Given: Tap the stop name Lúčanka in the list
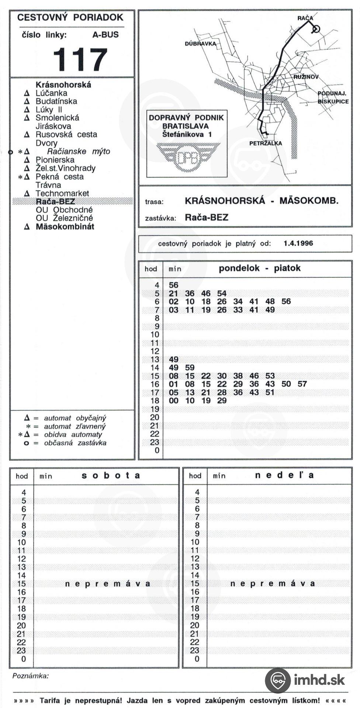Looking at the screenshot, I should [x=51, y=93].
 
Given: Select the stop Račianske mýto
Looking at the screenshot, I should [x=78, y=152].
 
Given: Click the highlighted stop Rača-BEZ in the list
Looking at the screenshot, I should [x=55, y=201].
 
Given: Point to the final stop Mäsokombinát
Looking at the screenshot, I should [x=65, y=227].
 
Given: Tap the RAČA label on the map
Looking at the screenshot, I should [x=305, y=18].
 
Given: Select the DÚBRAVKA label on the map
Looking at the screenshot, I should [x=200, y=44].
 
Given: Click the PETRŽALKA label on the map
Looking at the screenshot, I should [x=265, y=143].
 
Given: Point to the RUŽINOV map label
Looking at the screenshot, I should [x=306, y=77].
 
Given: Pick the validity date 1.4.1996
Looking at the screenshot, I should [x=298, y=243].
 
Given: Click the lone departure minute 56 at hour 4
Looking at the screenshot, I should [x=173, y=285].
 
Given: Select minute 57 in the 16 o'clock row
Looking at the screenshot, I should [x=302, y=384].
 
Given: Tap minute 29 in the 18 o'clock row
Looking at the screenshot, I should [x=222, y=401].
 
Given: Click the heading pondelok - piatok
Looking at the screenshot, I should [x=259, y=268].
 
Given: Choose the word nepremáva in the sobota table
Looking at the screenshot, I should [x=108, y=584].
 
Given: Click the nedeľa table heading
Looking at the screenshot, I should [x=284, y=475].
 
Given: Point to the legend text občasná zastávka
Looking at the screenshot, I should [x=75, y=443].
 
